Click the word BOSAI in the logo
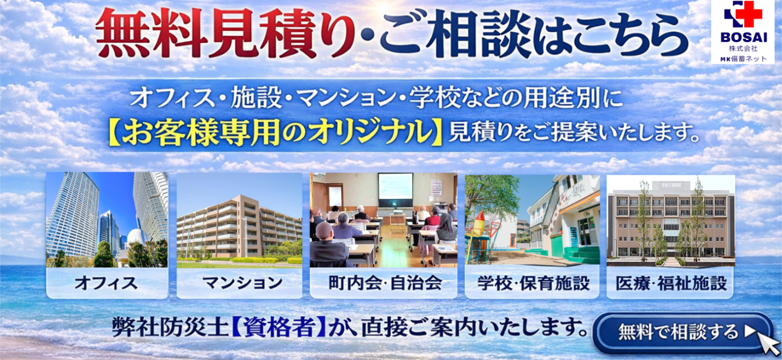tap(744, 37)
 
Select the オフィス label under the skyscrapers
tap(106, 283)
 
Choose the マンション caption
tap(242, 283)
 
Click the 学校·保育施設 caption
tap(533, 283)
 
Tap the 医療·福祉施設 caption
tap(671, 283)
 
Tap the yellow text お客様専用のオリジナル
tap(275, 133)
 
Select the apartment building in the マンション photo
tap(239, 227)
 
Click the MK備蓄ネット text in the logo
tap(743, 59)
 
